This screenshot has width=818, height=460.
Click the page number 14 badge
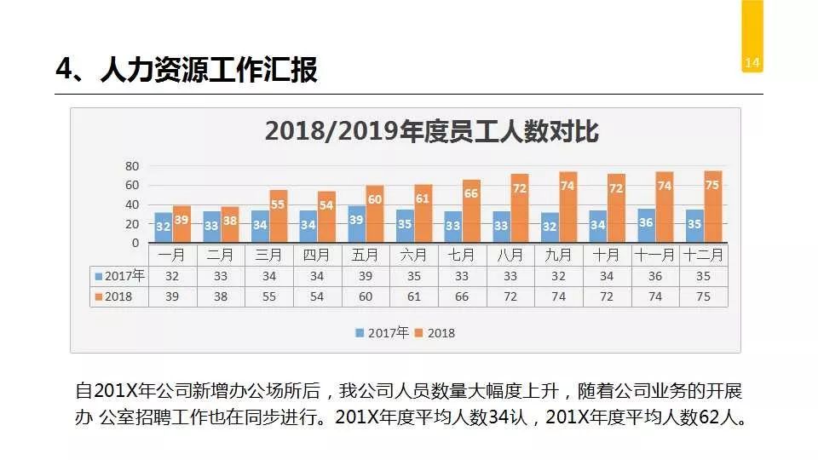click(752, 62)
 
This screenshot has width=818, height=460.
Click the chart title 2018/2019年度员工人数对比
click(431, 132)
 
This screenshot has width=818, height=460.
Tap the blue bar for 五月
click(356, 224)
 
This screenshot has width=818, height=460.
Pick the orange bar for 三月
click(278, 216)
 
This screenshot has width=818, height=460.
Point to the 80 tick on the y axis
click(131, 165)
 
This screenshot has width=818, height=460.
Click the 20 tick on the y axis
click(131, 224)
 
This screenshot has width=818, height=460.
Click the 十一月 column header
click(655, 255)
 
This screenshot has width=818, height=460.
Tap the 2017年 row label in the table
click(120, 276)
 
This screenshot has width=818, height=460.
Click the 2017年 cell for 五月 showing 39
click(366, 276)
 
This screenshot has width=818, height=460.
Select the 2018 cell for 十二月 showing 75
click(704, 296)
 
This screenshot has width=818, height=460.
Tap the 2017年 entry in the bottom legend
click(383, 333)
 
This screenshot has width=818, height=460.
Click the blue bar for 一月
click(163, 227)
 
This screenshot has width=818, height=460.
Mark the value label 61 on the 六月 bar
click(423, 199)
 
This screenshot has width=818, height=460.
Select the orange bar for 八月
click(520, 209)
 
